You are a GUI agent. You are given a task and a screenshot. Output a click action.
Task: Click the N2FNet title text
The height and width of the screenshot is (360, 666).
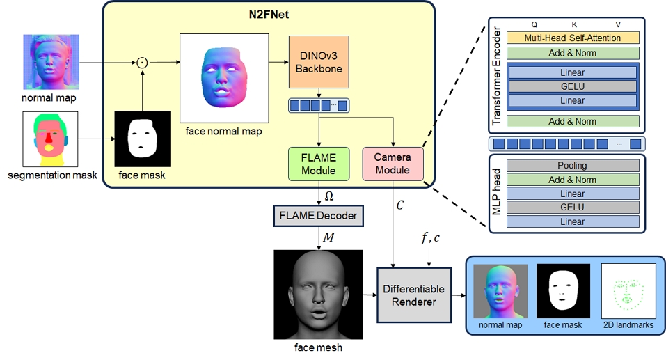[270, 15]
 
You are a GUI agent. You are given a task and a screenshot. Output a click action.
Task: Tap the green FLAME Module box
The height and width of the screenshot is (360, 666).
[319, 164]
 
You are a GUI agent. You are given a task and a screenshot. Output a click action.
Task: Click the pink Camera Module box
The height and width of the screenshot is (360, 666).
[393, 164]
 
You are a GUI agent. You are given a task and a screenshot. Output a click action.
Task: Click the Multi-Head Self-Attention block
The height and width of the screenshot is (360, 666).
[573, 38]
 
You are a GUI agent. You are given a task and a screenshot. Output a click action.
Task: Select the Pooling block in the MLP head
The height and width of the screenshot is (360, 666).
[573, 166]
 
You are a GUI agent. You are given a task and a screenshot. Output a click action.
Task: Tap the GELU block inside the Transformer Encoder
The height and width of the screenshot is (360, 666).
[573, 86]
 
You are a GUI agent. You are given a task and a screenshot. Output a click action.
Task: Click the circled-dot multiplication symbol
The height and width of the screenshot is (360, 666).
[142, 63]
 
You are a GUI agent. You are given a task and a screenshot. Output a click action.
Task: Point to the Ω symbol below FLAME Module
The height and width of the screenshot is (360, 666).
[328, 196]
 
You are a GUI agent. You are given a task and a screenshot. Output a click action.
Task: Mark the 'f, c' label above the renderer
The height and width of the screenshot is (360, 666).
[429, 238]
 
